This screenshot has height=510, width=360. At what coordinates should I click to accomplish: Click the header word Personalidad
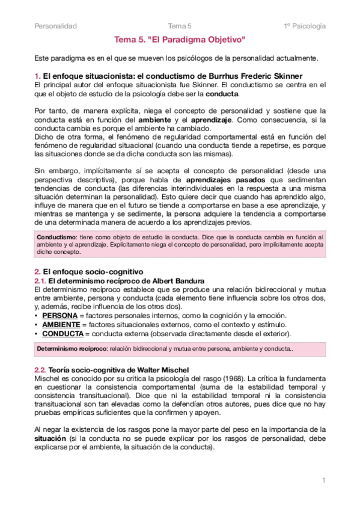tap(55, 26)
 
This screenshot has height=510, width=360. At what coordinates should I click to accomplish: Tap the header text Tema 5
tap(180, 26)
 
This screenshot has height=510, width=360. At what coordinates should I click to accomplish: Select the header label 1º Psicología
tap(305, 26)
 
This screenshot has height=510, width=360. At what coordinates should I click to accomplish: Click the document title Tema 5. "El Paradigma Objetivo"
tap(180, 40)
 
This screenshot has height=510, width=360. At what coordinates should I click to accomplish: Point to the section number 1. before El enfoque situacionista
tap(37, 76)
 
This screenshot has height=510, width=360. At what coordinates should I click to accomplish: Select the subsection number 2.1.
tap(40, 281)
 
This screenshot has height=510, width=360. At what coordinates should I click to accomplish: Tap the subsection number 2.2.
tap(40, 369)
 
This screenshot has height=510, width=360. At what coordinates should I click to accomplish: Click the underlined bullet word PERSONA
tap(59, 316)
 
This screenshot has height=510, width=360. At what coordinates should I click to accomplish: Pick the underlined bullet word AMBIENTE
tap(61, 325)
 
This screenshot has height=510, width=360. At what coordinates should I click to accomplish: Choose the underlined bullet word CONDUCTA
tap(63, 334)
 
